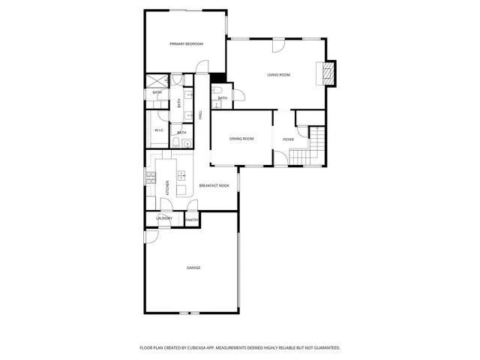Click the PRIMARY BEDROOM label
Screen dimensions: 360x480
(x=186, y=44)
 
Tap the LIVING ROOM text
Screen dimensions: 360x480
(x=279, y=75)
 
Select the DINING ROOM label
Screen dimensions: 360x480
(x=241, y=139)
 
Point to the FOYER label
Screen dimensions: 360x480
(x=288, y=139)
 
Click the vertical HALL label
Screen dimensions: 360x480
(x=200, y=114)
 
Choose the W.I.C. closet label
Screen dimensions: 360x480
(x=160, y=130)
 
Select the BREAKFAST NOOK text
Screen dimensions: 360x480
(x=214, y=185)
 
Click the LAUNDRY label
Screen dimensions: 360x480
(x=163, y=218)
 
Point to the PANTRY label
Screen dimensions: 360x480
(x=192, y=220)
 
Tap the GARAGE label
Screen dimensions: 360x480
(x=193, y=268)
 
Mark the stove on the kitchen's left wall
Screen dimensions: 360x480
(x=149, y=180)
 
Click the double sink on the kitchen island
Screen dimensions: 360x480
(x=181, y=177)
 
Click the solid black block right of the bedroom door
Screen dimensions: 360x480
(x=218, y=76)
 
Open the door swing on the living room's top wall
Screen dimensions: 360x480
(x=277, y=45)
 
